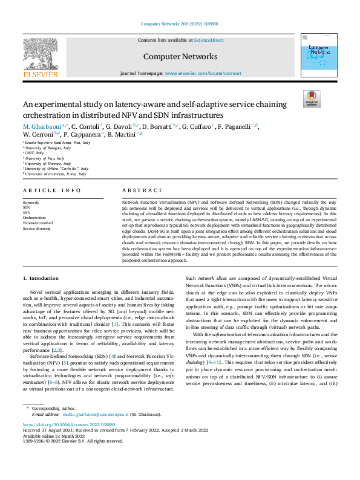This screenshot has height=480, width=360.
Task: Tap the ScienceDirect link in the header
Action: [209, 40]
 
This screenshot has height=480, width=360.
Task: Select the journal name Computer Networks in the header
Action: [180, 57]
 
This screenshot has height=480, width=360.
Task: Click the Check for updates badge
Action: [312, 99]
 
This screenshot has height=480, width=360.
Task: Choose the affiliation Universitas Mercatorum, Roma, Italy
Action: [56, 174]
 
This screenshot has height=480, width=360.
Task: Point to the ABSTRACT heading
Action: [143, 190]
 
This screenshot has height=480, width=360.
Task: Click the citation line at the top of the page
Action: [179, 24]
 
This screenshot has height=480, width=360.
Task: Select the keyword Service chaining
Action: [38, 229]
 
